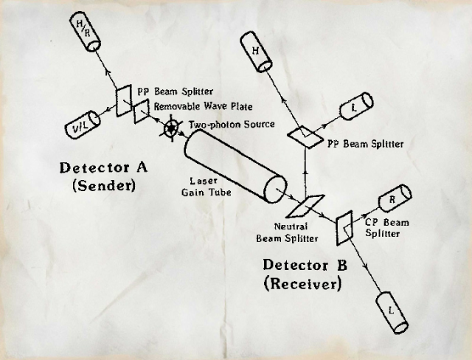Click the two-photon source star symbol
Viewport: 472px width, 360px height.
click(172, 128)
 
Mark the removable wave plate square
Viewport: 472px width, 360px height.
click(141, 111)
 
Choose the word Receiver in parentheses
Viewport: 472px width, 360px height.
click(299, 281)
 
